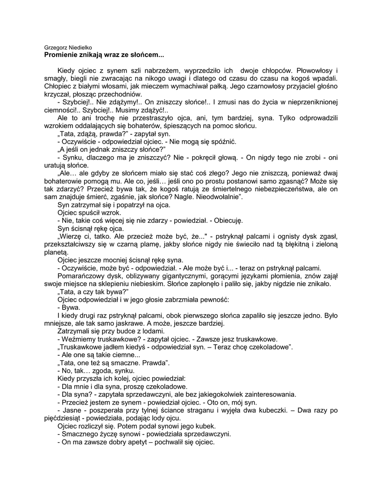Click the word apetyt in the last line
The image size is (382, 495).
(x=137, y=441)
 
